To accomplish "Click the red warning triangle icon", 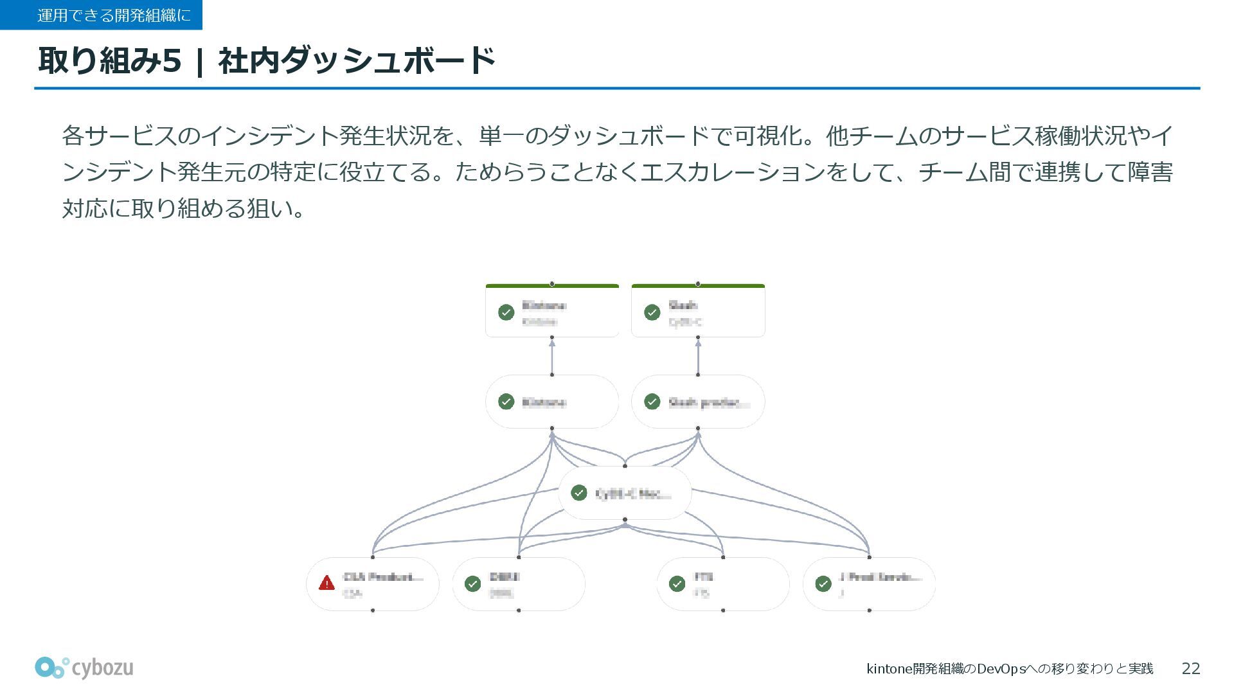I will pos(326,583).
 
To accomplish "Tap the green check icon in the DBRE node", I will pos(473,583).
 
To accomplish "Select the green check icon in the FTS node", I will pos(677,583).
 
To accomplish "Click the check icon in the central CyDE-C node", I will pos(579,493).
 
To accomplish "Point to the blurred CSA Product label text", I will pos(384,577).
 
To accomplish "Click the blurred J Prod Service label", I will pos(880,577).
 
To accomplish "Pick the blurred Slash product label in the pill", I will pos(708,403).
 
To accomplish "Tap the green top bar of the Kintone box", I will pos(552,286).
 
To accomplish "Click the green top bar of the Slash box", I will pos(698,286).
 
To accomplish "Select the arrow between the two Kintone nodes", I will pos(552,356).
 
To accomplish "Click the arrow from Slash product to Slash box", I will pos(698,356).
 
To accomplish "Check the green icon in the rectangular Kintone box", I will pos(506,312).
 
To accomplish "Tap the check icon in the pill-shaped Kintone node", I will pos(506,402).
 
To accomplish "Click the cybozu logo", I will pos(84,668).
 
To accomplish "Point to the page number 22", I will pos(1190,669).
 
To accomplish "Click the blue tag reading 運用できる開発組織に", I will pos(102,15).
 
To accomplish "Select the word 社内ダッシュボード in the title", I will pos(357,60).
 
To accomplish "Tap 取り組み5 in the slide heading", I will pos(110,60).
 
